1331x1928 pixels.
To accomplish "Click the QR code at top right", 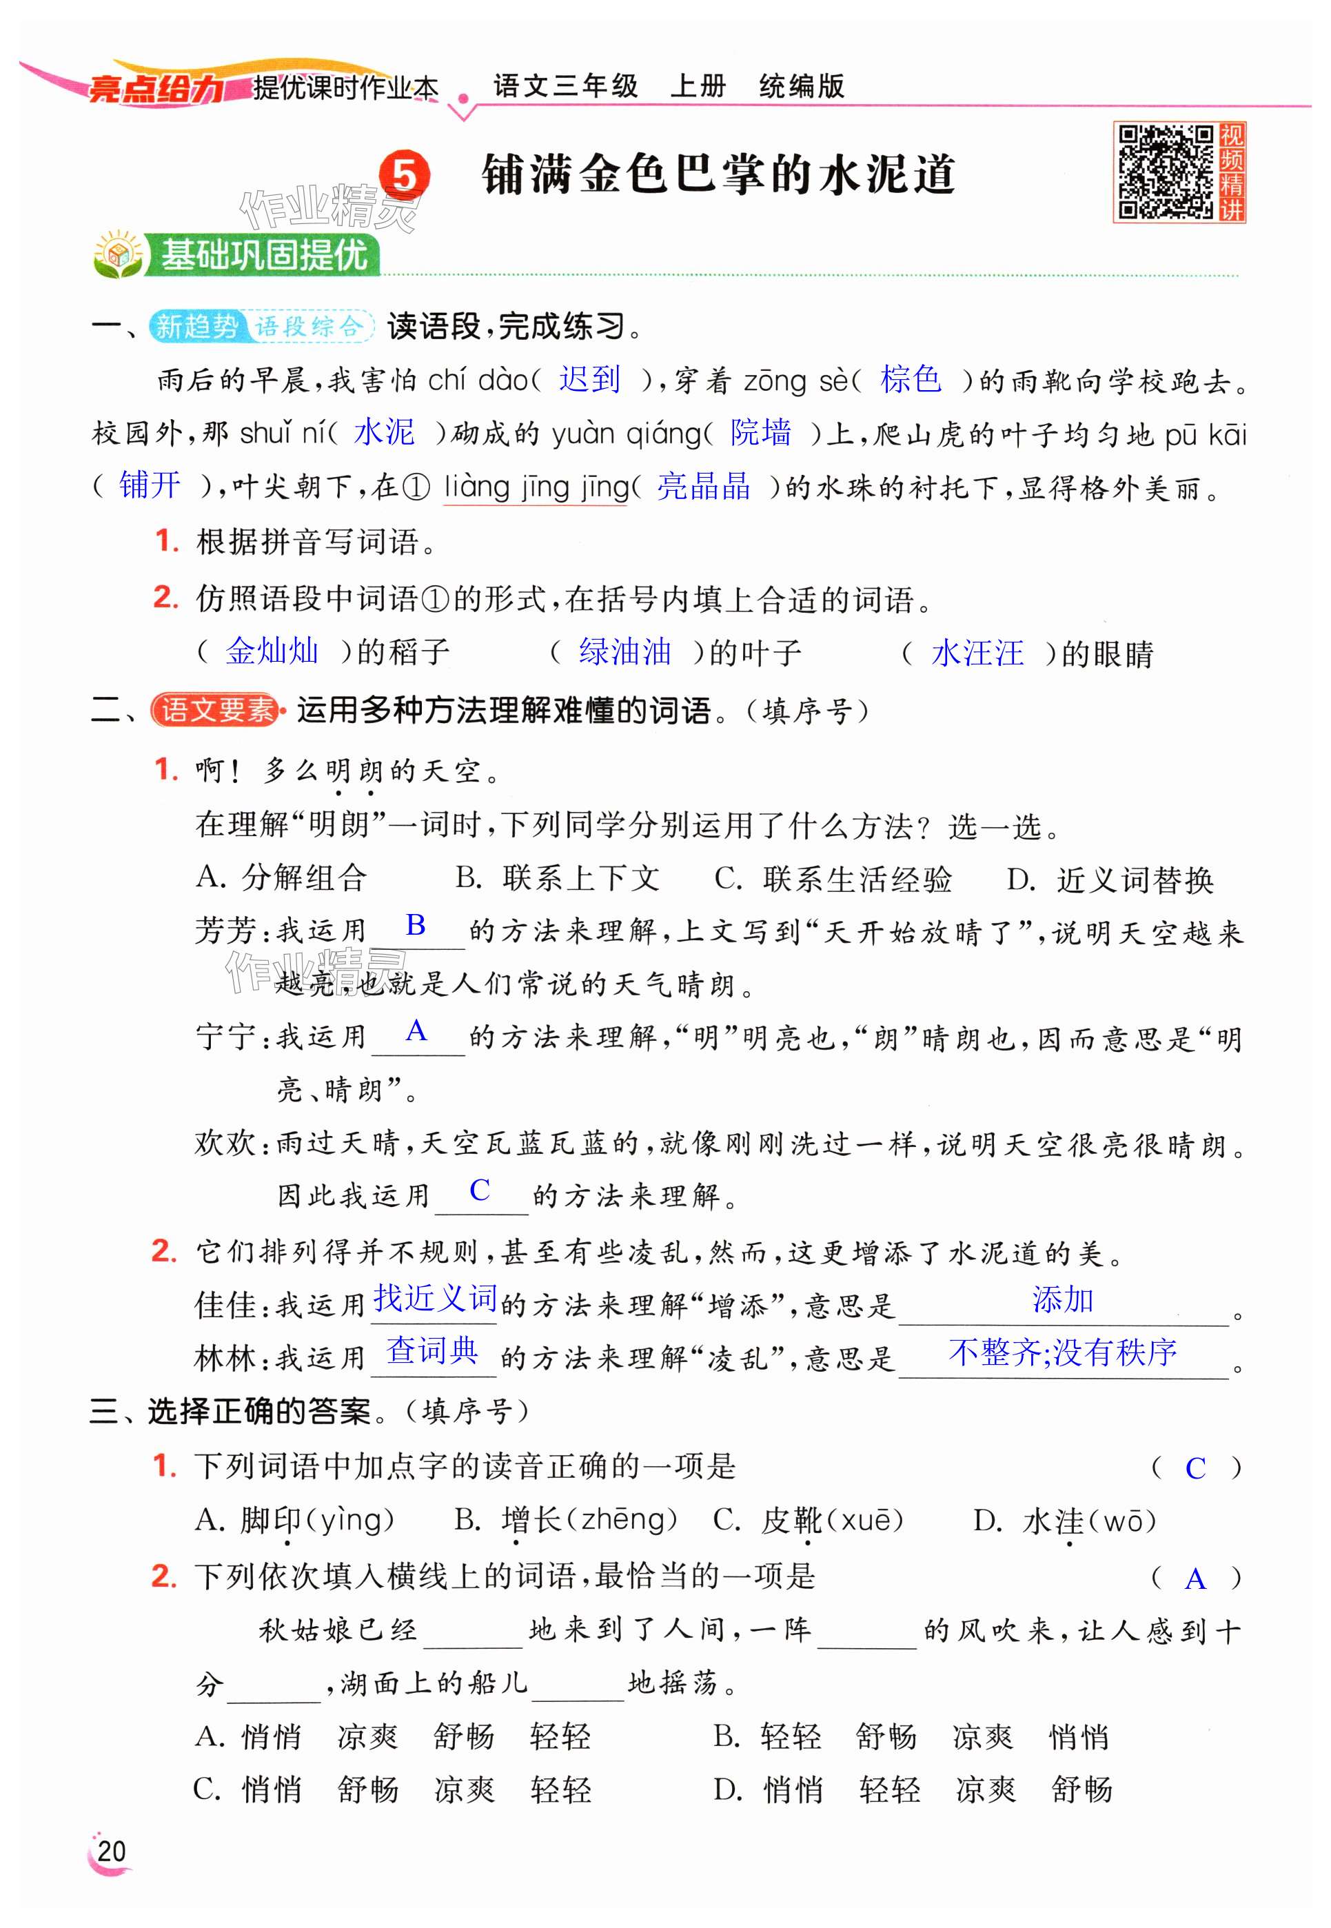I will (x=1165, y=172).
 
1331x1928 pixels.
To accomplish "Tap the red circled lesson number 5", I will (x=405, y=176).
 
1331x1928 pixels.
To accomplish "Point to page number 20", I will (x=111, y=1851).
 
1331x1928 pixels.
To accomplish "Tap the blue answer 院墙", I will (x=760, y=432).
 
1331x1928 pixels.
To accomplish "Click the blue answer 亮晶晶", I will (x=704, y=486).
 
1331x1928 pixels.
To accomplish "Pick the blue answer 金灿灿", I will (x=272, y=651).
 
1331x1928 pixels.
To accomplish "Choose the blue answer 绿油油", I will (x=624, y=651).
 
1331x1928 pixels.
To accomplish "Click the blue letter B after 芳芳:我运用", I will (x=416, y=925).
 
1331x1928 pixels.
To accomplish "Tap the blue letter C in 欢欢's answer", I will (x=480, y=1190).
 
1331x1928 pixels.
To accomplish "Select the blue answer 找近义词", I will (x=434, y=1299).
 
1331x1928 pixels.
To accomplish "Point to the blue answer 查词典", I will (x=432, y=1350).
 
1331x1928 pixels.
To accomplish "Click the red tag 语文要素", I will (x=216, y=710).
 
